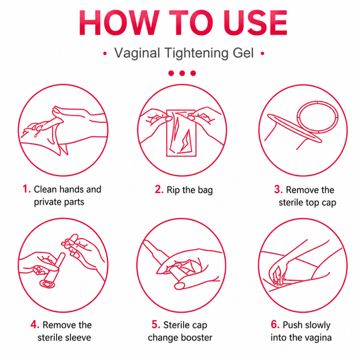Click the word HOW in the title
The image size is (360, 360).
[x=119, y=23]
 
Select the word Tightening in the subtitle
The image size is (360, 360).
[x=197, y=53]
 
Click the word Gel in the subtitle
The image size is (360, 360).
[x=243, y=53]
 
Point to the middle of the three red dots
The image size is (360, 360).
[x=182, y=73]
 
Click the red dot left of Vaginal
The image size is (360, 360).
[x=105, y=54]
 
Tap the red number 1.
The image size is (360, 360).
[x=26, y=189]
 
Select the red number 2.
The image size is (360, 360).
[x=159, y=189]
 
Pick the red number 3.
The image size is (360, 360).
[x=278, y=190]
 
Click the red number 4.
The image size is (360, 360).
[x=34, y=325]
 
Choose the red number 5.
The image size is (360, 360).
[x=155, y=325]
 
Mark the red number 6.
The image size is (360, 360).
[x=275, y=325]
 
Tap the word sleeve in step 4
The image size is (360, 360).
[x=79, y=338]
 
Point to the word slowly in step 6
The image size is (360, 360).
[x=317, y=326]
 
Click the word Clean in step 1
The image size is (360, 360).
[x=45, y=189]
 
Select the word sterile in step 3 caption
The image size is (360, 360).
[x=291, y=203]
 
